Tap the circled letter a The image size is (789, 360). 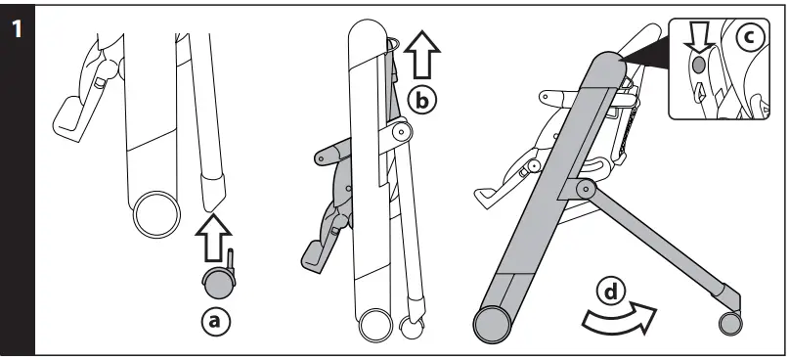click(x=217, y=320)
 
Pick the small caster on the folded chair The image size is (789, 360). click(x=413, y=328)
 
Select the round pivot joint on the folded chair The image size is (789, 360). click(x=400, y=131)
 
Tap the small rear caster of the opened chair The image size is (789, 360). click(x=729, y=324)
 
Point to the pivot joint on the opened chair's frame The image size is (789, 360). click(x=586, y=187)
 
